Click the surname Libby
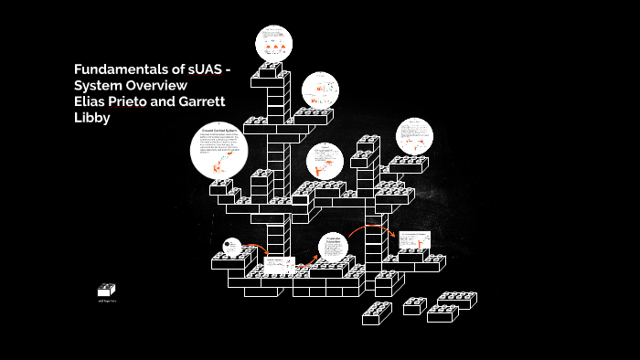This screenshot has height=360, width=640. point(91,117)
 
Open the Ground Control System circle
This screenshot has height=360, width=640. point(219,152)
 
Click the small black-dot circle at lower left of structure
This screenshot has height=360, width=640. point(231,247)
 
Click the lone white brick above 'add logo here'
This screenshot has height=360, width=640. point(106,290)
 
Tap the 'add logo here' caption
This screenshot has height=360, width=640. point(106,300)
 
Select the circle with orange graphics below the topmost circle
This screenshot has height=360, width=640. point(321,90)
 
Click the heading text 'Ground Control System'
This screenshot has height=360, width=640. point(220,133)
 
